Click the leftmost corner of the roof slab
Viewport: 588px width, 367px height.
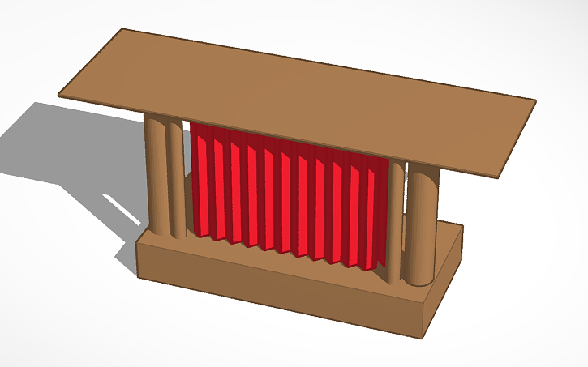pyautogui.click(x=59, y=96)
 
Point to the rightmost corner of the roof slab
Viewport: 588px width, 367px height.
pyautogui.click(x=535, y=100)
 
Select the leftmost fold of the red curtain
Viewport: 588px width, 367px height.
pyautogui.click(x=199, y=182)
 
